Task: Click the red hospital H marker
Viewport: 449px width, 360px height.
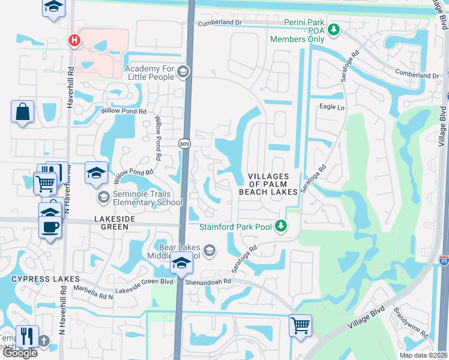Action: coord(74,41)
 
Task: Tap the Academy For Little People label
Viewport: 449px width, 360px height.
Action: coord(149,73)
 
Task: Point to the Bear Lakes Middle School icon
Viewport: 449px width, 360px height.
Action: coord(209,251)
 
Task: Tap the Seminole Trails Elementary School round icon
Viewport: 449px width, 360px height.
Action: coord(103,197)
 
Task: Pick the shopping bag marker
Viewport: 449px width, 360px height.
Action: coord(23,112)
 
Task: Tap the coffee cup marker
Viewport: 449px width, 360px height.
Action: coord(50,227)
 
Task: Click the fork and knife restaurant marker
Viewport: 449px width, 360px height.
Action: coord(27,336)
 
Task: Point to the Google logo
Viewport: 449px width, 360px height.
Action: coord(19,353)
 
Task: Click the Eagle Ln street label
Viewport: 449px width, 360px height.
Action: coord(332,107)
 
